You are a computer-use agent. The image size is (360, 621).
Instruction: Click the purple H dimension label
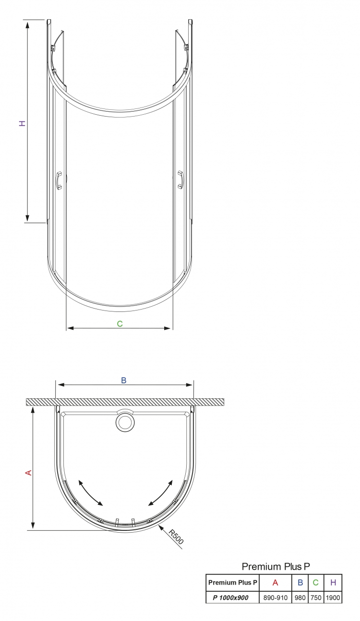[x=22, y=123]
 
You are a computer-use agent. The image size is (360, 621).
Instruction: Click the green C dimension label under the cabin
[x=120, y=323]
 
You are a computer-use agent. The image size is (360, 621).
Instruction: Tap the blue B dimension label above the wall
[x=124, y=381]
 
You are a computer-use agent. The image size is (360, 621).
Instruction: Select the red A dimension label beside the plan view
[x=29, y=473]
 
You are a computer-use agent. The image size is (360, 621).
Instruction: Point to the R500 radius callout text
[x=176, y=537]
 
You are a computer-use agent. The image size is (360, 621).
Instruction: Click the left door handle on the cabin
[x=59, y=180]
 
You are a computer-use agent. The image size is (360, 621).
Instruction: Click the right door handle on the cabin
[x=180, y=180]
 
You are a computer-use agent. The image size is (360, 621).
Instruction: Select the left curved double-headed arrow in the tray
[x=90, y=493]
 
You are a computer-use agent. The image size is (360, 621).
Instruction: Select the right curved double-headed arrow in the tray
[x=160, y=493]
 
